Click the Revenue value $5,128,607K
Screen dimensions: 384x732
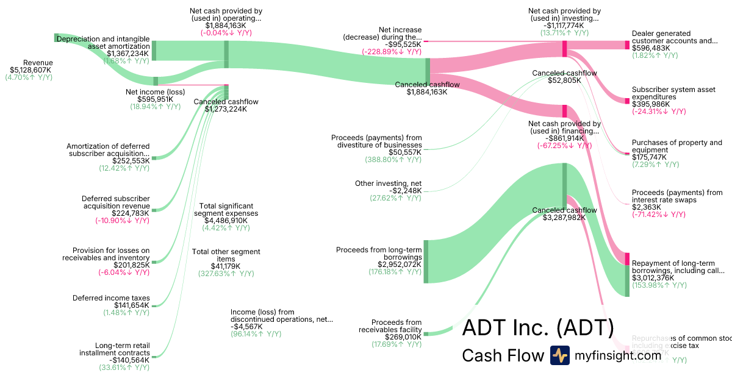30,70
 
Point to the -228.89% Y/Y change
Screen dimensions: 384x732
392,52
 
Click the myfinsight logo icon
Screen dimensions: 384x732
559,355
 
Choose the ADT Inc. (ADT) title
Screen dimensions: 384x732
537,328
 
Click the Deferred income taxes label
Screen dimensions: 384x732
111,298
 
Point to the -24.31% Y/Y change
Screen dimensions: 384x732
659,112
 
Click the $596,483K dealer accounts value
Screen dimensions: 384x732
651,48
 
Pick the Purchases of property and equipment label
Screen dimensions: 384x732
676,146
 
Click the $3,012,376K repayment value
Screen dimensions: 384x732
653,278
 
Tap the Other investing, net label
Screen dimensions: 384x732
388,183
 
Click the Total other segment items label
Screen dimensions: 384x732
226,255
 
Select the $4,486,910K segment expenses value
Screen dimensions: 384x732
226,221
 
